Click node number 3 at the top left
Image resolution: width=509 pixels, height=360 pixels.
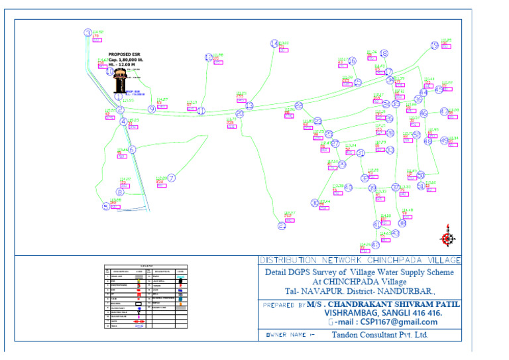click(x=87, y=32)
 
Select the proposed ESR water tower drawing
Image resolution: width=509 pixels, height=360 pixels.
click(x=120, y=80)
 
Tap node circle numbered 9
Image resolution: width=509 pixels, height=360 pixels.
click(x=152, y=109)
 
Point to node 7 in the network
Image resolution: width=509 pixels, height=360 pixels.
click(x=171, y=178)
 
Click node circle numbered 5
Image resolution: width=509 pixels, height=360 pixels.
click(x=105, y=206)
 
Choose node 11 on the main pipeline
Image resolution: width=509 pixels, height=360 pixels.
click(x=201, y=111)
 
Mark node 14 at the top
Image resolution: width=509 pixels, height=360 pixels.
click(x=274, y=44)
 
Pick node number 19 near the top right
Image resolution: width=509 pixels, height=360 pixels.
click(x=434, y=46)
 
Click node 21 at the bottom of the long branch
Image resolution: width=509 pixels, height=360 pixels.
click(x=282, y=226)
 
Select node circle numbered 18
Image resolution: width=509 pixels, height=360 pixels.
click(x=384, y=54)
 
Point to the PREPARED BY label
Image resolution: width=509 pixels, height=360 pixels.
click(x=284, y=306)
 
